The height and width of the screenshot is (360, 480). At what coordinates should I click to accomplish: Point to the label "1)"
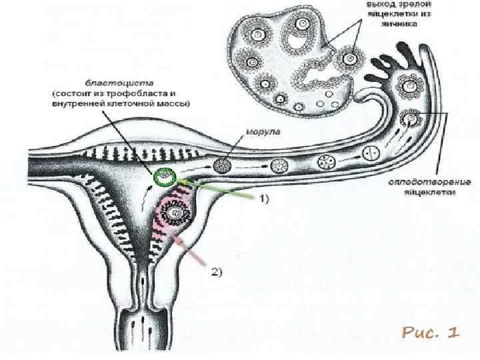(264, 199)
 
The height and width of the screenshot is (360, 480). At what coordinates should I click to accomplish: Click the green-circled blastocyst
(164, 177)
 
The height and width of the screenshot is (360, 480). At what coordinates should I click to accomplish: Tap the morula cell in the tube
(227, 165)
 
